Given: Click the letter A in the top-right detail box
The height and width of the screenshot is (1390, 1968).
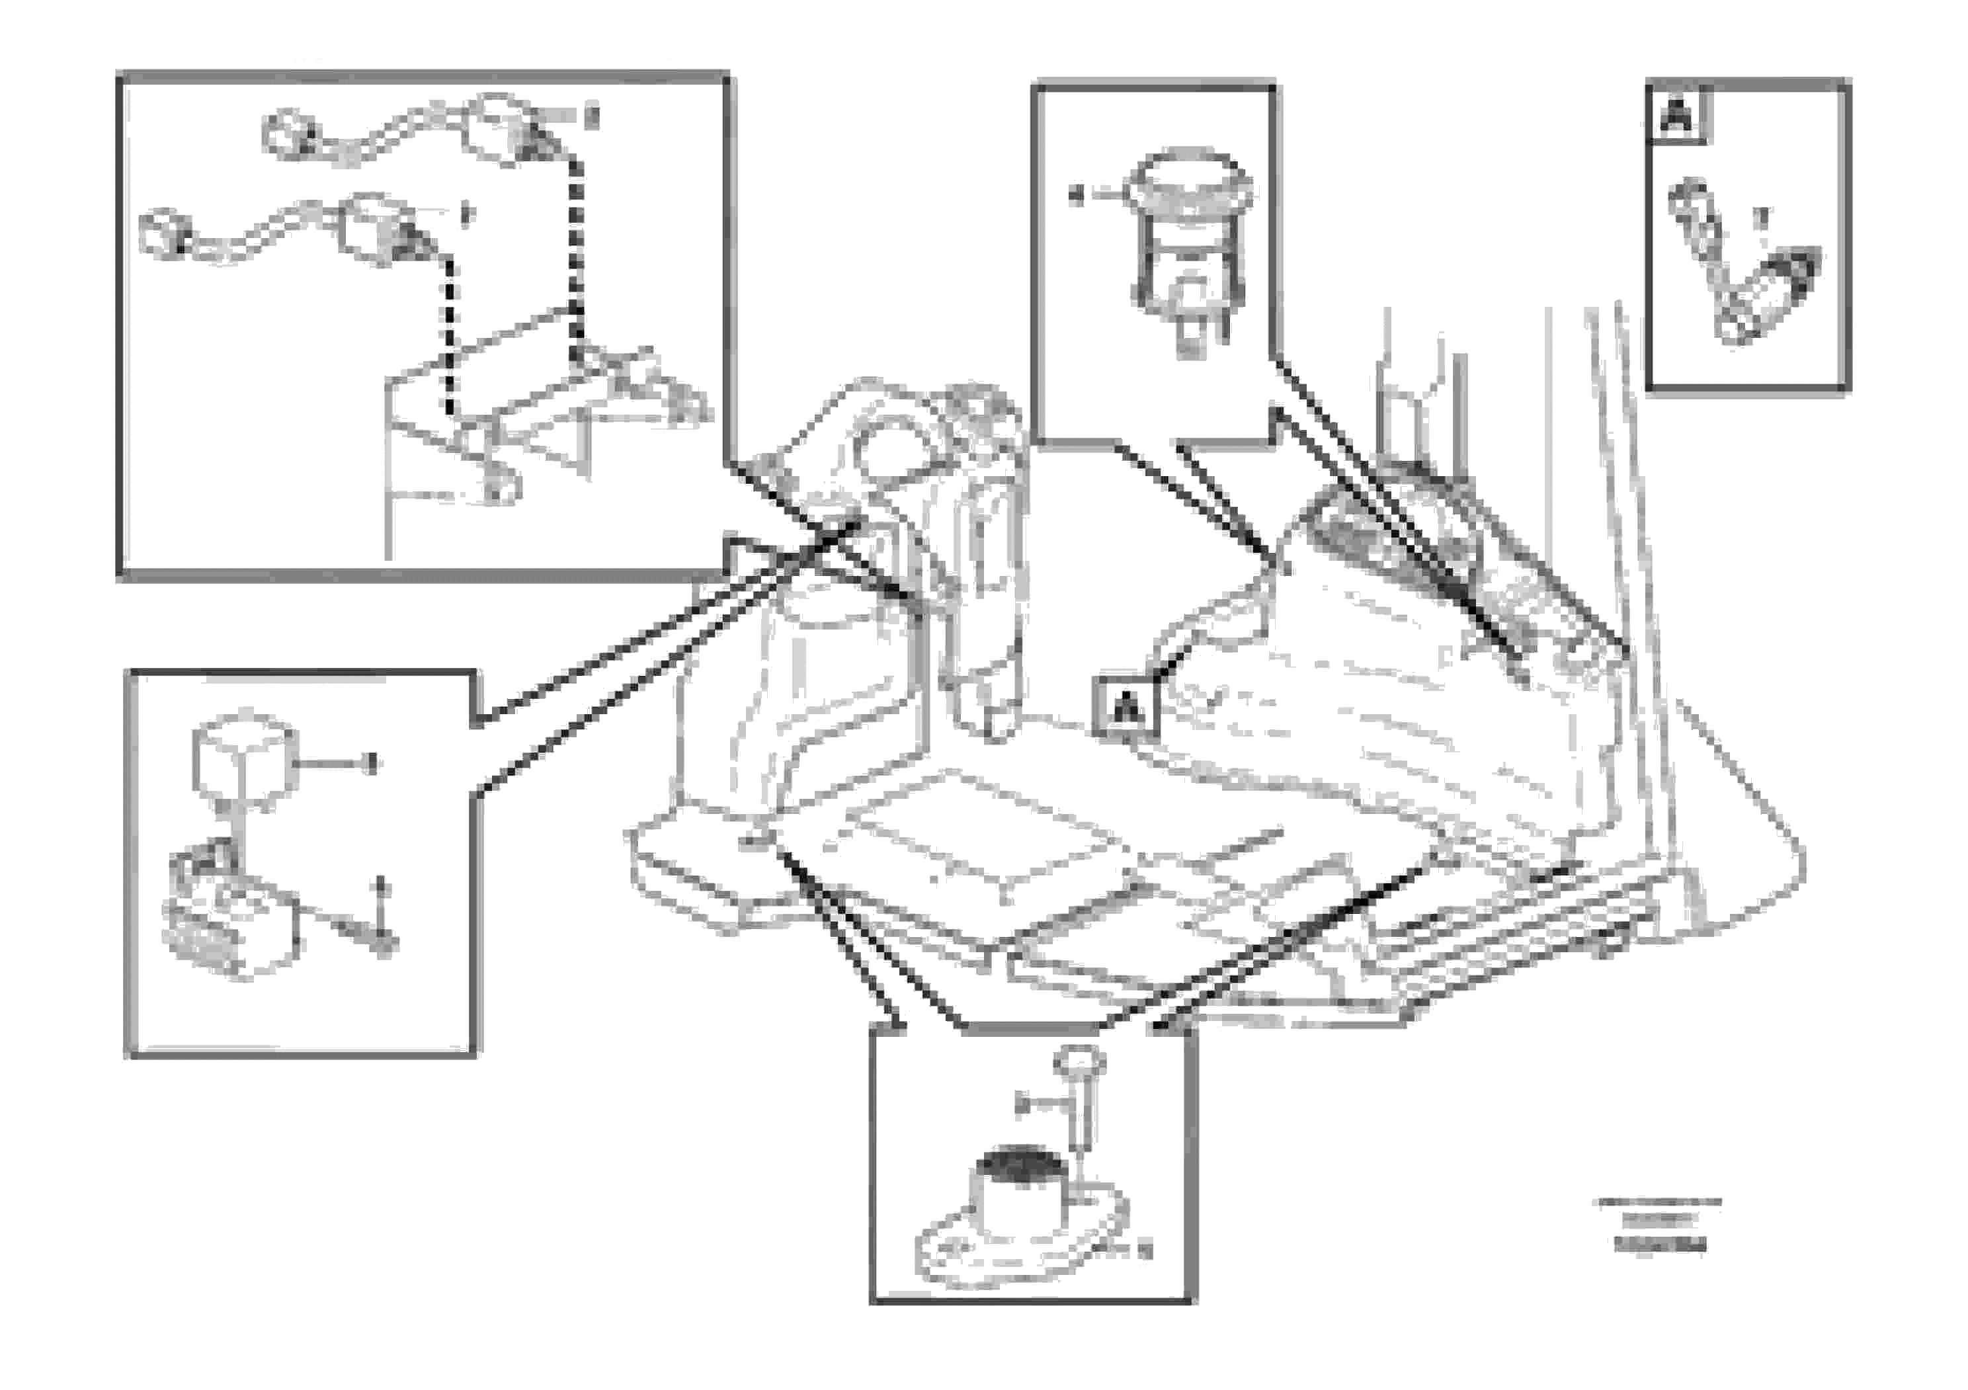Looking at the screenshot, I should [x=1676, y=116].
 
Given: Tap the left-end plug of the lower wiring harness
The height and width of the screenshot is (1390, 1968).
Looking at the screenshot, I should [x=162, y=232].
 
